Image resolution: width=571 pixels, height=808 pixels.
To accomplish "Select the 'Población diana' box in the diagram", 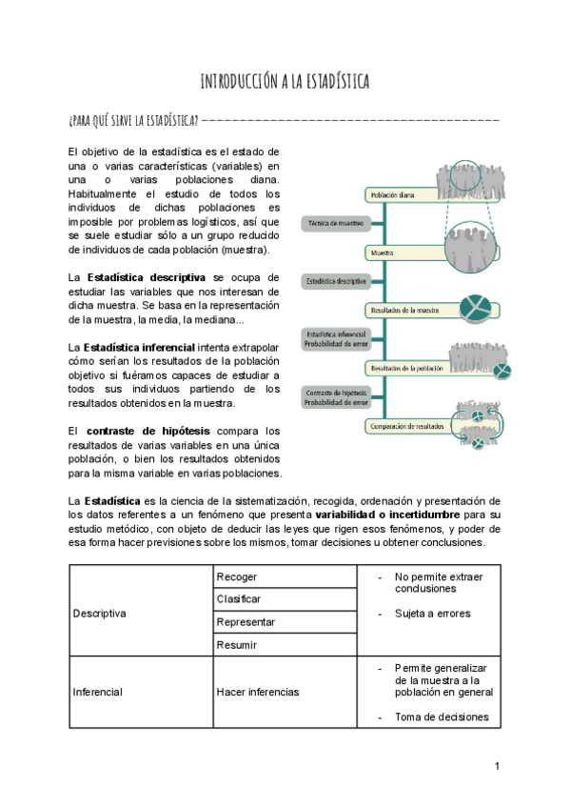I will click(400, 194).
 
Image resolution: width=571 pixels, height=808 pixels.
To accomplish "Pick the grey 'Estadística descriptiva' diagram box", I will click(334, 281).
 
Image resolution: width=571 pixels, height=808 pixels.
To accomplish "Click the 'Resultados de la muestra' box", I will click(404, 311).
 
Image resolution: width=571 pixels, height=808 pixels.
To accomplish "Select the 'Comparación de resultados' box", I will click(406, 427).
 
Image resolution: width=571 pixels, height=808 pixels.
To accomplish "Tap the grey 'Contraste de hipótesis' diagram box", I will click(334, 397).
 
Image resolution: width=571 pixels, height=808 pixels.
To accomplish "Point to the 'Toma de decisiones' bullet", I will click(442, 717).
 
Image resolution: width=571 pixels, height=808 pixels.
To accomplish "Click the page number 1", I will click(497, 766).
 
